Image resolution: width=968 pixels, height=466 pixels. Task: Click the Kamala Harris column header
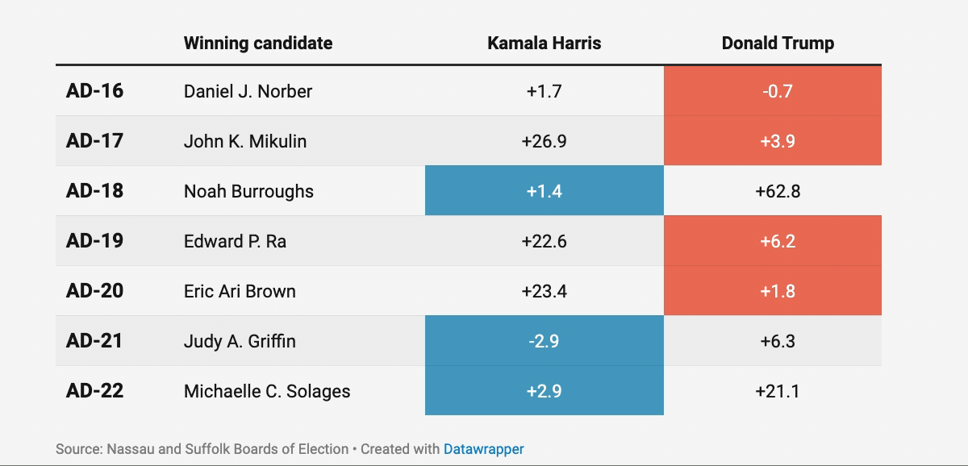click(x=544, y=44)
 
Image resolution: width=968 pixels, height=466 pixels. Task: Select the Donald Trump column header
click(x=777, y=44)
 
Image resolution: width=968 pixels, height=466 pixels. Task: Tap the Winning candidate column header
click(x=257, y=44)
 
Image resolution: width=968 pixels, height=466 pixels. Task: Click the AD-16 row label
click(x=94, y=91)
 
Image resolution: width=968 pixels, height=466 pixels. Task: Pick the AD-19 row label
click(x=94, y=241)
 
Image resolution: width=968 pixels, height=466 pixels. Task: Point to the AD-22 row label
click(x=94, y=391)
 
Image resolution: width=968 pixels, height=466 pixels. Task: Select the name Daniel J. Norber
click(x=248, y=91)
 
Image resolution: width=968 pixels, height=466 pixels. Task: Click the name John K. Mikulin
click(x=245, y=141)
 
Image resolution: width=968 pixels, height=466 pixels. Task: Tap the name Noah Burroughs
click(x=248, y=191)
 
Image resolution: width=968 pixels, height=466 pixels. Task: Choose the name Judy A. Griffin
click(x=240, y=341)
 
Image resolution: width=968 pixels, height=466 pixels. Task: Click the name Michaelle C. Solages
click(x=267, y=391)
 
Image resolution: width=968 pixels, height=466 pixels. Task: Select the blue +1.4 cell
click(x=544, y=191)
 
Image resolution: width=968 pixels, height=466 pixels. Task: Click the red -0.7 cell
click(x=777, y=91)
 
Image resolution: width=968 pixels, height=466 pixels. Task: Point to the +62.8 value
click(x=777, y=191)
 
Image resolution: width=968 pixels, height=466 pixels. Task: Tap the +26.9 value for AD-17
click(x=544, y=141)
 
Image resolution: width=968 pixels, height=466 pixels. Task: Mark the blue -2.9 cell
click(x=544, y=341)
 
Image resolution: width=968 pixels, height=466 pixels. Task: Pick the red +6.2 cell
click(x=777, y=241)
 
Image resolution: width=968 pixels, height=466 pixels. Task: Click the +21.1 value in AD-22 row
click(x=777, y=391)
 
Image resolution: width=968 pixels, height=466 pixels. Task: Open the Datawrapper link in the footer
click(x=483, y=449)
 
